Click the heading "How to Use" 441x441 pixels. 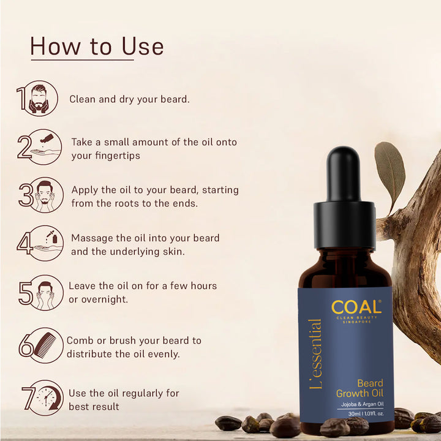pos(97,47)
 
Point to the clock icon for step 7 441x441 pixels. pos(46,398)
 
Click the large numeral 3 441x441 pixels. pos(26,195)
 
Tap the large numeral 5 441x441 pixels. pos(26,293)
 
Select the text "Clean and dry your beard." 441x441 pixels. pos(129,99)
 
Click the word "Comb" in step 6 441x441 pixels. pos(80,341)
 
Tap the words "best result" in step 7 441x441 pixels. pos(94,406)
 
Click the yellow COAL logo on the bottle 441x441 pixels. pos(355,307)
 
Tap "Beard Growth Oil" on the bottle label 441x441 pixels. pos(360,388)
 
